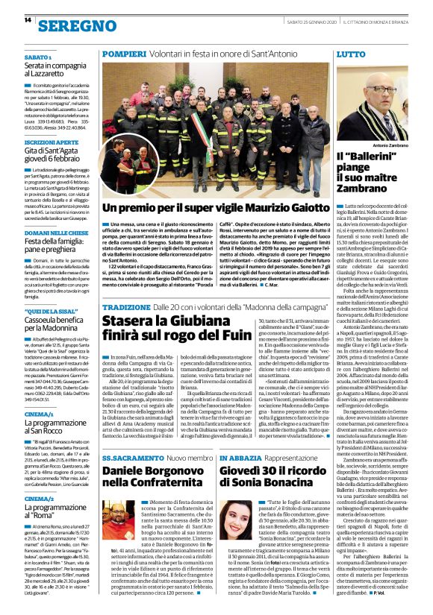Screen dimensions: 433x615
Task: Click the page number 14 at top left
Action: click(27, 20)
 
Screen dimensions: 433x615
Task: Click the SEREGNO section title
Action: click(73, 26)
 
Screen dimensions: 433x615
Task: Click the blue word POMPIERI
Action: click(123, 55)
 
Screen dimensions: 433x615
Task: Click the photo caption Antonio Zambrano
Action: click(391, 145)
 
